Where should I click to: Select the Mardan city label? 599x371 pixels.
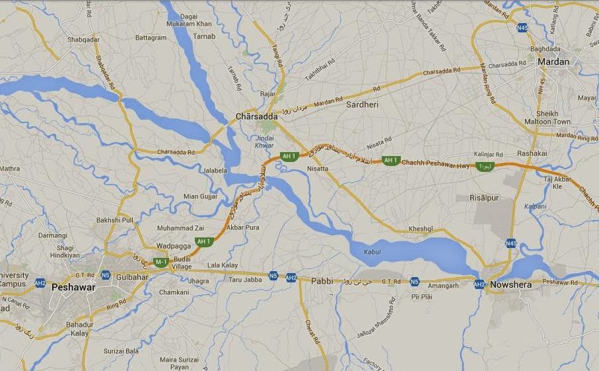click(553, 62)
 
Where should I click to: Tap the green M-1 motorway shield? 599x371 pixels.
click(161, 263)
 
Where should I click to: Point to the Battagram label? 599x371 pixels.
click(151, 38)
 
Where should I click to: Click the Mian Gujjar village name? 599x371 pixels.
click(199, 196)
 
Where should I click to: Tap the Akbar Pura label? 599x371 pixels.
click(243, 227)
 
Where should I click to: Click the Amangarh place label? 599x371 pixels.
click(442, 286)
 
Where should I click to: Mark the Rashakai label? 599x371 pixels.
click(532, 153)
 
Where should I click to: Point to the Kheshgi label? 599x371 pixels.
click(421, 228)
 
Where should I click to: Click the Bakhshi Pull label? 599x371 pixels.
click(115, 220)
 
